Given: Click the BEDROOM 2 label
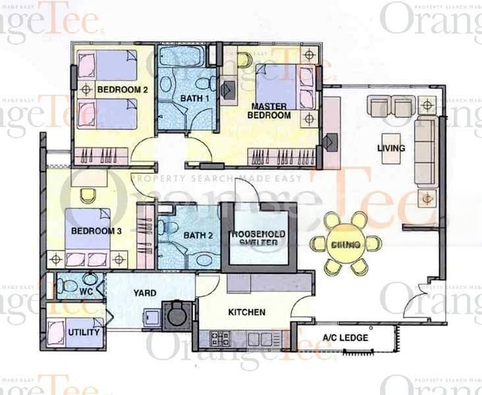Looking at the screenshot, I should click(119, 89).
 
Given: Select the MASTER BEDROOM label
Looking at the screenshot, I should click(269, 110).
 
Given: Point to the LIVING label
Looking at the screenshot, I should click(391, 148).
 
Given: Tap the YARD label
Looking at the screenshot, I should click(144, 293).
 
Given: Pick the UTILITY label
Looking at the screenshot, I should click(84, 332).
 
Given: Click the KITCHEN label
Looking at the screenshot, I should click(247, 312).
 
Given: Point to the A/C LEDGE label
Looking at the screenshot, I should click(345, 338).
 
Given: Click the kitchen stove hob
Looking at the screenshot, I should click(219, 338).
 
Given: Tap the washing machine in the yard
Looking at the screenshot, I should click(176, 315).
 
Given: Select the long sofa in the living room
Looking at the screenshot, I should click(425, 151).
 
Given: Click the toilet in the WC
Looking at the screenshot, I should click(68, 285).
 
